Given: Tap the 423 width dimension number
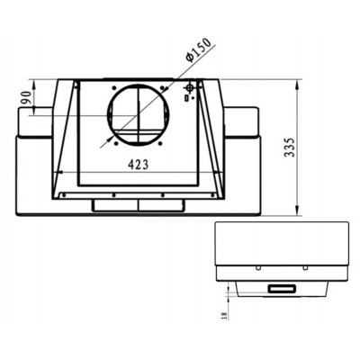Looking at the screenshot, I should pos(139,165).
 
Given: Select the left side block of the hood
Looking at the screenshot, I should pos(34,122).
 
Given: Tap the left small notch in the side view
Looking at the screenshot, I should pos(257,267).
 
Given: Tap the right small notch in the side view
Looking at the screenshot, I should pos(306,267).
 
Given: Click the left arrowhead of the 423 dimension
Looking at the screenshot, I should pos(58,173).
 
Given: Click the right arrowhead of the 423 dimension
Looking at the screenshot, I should pos(220,173).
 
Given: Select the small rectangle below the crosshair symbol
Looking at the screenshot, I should pos(186,99).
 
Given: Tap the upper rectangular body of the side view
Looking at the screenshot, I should pos(281,243).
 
